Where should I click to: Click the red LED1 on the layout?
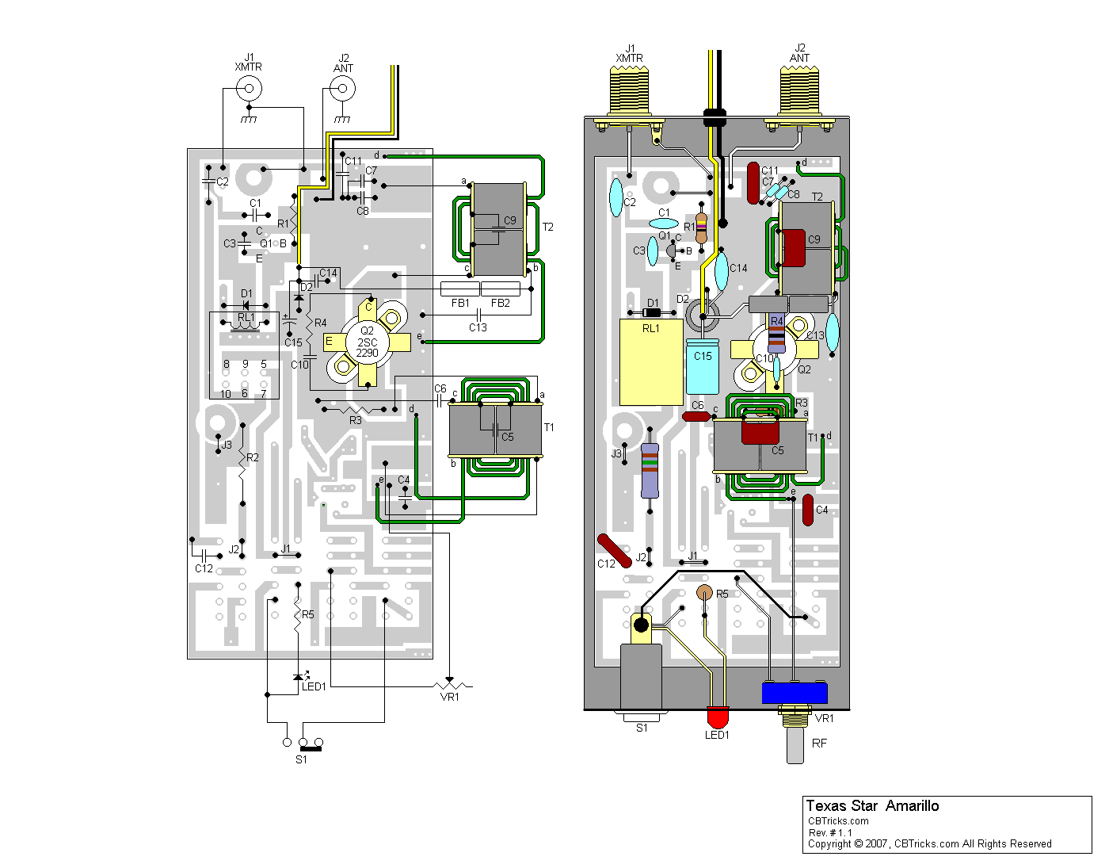click(x=717, y=717)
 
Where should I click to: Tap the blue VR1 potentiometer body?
click(x=795, y=694)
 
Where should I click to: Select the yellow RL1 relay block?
click(x=650, y=362)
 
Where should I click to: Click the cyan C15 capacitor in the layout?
click(x=703, y=366)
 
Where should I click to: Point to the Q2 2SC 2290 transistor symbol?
click(x=368, y=342)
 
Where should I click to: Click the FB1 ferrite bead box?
click(x=459, y=289)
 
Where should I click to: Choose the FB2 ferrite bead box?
click(x=501, y=289)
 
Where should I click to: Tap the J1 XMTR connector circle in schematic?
click(x=249, y=88)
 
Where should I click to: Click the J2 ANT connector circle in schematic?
click(x=342, y=88)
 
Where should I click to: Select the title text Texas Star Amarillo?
click(x=872, y=806)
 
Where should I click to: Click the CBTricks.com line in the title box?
click(x=838, y=821)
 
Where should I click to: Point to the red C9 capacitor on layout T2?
click(x=794, y=248)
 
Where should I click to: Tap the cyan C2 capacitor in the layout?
click(x=616, y=197)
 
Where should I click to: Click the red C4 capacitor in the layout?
click(x=807, y=510)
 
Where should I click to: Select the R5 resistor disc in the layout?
click(x=704, y=593)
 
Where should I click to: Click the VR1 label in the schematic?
click(x=449, y=698)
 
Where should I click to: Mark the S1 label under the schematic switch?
click(x=301, y=759)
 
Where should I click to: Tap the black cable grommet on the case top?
click(x=715, y=117)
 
